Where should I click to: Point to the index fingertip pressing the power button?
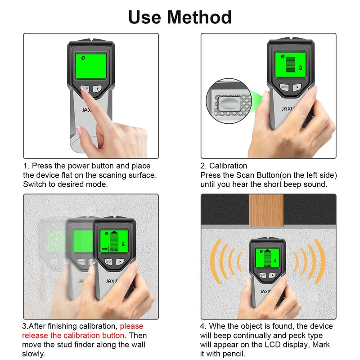pyautogui.click(x=84, y=90)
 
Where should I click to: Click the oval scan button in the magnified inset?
pyautogui.click(x=229, y=106)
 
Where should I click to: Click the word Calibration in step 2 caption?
pyautogui.click(x=228, y=166)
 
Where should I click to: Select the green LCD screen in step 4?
pyautogui.click(x=268, y=260)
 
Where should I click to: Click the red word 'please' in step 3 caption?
pyautogui.click(x=131, y=326)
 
